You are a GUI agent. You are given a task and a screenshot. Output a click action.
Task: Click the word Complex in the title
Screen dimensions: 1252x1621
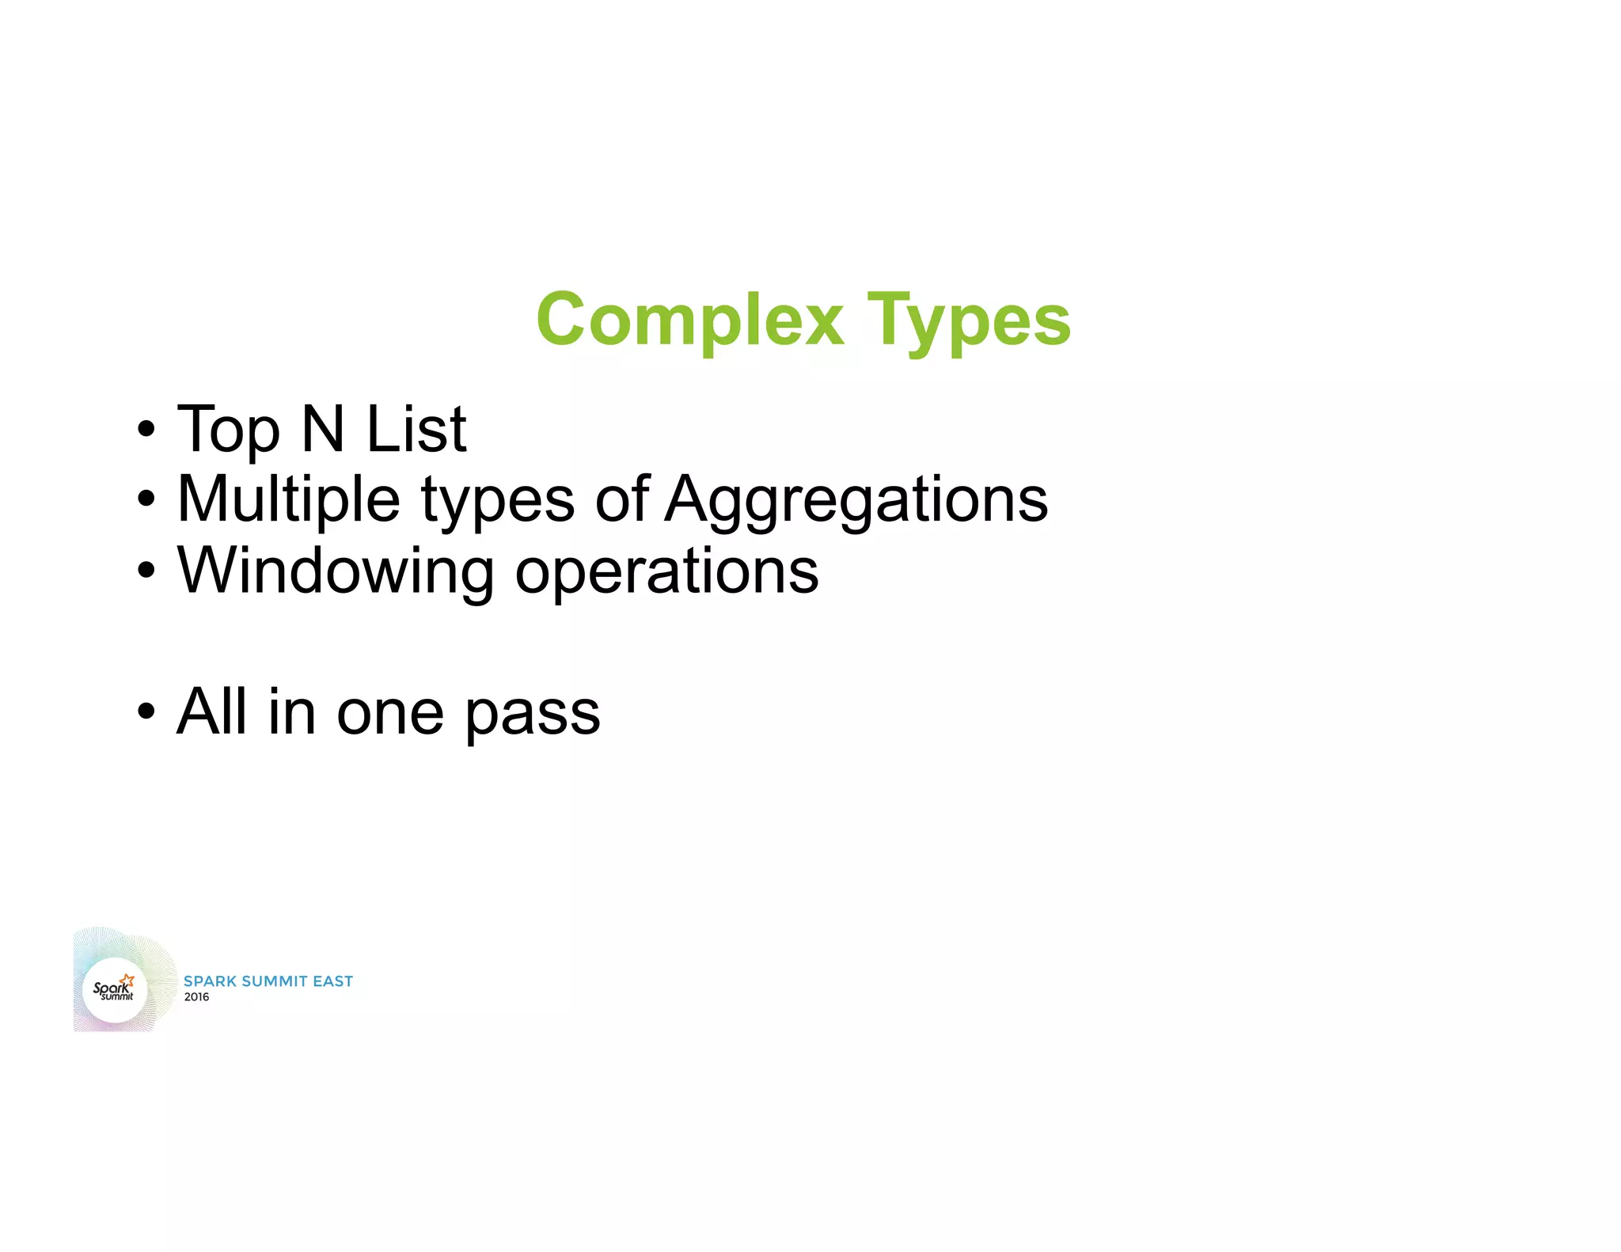[x=690, y=320]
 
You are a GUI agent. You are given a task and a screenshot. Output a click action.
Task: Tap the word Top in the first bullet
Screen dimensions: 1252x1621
[x=229, y=430]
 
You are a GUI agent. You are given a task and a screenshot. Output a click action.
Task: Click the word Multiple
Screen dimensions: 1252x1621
[x=289, y=500]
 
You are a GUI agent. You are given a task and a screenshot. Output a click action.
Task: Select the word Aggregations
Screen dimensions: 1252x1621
[x=856, y=500]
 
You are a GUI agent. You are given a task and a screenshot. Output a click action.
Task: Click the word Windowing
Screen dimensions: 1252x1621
[x=336, y=571]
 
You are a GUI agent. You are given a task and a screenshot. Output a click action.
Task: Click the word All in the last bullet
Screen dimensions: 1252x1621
[x=211, y=711]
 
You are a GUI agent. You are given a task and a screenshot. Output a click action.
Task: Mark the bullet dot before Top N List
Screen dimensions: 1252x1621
[x=146, y=430]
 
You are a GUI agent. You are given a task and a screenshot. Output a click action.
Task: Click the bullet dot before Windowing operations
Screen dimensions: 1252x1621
[x=146, y=570]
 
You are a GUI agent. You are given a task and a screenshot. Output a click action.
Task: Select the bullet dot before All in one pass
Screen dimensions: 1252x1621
[x=146, y=711]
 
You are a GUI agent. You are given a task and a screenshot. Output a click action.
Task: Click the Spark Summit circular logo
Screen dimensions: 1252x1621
[x=115, y=989]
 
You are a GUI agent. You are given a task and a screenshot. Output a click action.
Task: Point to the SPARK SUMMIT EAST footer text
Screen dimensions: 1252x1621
[x=268, y=981]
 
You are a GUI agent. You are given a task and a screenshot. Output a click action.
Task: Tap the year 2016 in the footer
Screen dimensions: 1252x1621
[x=197, y=997]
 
